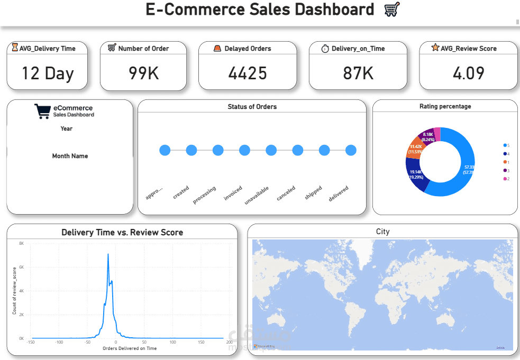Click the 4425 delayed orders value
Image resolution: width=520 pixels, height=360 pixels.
coord(247,73)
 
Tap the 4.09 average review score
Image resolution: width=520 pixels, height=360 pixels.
coord(468,73)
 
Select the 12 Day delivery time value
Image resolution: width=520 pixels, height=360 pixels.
coord(47,73)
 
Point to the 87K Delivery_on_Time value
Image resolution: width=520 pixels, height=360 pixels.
coord(358,73)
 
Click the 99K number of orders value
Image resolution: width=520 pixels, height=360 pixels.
coord(143,73)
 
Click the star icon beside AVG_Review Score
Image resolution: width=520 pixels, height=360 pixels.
coord(435,48)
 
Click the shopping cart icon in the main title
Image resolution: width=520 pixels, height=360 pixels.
coord(391,9)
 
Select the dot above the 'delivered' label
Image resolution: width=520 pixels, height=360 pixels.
coord(351,150)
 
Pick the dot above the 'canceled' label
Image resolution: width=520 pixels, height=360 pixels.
coord(297,150)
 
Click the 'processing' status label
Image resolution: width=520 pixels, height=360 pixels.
coord(204,195)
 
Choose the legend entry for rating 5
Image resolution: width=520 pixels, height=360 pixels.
coord(507,145)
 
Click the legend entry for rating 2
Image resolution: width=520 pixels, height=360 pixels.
coord(507,179)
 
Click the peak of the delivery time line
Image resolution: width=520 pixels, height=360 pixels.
coord(108,254)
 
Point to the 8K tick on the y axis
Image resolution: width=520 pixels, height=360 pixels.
coord(21,243)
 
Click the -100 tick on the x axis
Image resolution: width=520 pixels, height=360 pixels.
coord(59,343)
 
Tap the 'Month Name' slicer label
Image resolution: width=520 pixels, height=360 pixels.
coord(70,156)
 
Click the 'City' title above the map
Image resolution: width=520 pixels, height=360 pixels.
coord(382,232)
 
